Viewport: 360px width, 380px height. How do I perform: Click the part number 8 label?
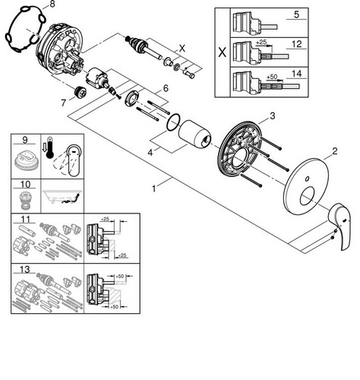point(52,5)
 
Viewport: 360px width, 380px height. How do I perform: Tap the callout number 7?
point(63,103)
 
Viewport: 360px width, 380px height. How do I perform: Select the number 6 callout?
point(166,88)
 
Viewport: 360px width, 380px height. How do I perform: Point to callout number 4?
point(150,153)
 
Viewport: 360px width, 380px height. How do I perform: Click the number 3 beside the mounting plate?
point(272,116)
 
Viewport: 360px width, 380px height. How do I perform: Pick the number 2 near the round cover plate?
point(335,151)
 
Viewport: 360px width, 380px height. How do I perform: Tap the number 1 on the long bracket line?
point(154,188)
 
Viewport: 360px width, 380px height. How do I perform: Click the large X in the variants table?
point(222,52)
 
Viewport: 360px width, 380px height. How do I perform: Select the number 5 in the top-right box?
point(296,14)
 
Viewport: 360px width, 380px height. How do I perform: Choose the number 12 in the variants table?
point(297,44)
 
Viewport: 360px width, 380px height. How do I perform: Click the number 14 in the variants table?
point(297,74)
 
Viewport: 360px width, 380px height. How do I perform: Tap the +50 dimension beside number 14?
point(272,77)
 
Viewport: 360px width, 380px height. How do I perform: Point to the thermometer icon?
point(50,147)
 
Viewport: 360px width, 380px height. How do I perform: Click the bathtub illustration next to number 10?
point(62,196)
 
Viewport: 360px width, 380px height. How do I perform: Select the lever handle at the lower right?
point(339,225)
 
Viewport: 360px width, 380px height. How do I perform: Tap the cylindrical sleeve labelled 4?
point(194,134)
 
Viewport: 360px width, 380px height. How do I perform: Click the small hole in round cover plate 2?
point(307,179)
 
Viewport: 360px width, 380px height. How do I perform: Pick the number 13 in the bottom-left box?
point(25,270)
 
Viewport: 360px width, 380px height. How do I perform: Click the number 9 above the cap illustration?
point(25,140)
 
